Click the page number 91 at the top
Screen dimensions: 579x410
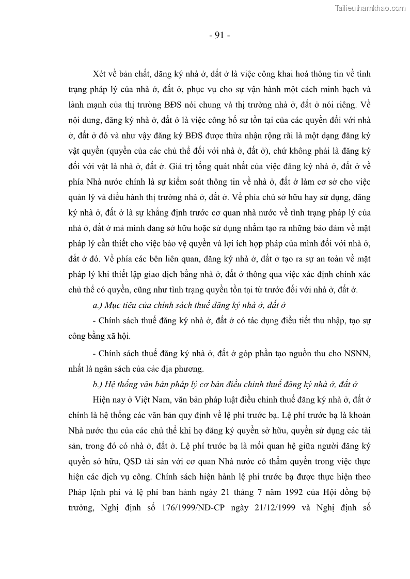point(219,36)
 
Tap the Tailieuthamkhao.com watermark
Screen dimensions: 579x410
point(371,8)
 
